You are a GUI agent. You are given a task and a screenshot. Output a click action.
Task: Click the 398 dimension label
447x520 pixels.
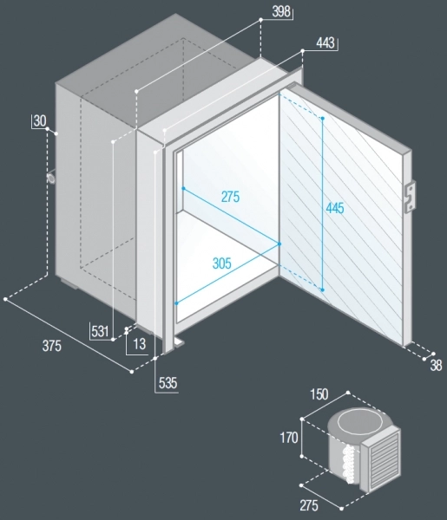point(281,11)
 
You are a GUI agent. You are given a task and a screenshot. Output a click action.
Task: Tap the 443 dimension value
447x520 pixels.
point(325,42)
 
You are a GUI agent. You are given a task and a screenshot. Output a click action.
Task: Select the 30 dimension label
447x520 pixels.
point(40,121)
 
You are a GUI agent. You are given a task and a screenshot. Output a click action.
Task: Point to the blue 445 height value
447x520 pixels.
point(335,208)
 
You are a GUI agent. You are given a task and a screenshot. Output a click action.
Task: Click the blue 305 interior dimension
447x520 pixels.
point(222,263)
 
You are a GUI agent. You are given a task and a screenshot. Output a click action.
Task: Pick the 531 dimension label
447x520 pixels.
point(100,331)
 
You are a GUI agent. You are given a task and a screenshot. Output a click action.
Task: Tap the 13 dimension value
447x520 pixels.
point(140,344)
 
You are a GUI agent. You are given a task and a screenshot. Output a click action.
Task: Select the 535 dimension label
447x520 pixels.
point(168,383)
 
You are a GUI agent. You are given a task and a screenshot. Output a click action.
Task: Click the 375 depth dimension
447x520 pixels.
point(52,346)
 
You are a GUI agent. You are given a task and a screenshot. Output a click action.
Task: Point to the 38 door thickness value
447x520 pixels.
point(436,365)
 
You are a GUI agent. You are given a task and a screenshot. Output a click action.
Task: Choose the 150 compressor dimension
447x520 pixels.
point(319,394)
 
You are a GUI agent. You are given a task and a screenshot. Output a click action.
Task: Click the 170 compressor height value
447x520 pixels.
point(289,438)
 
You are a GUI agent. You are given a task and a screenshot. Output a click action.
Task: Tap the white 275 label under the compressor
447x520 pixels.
point(309,506)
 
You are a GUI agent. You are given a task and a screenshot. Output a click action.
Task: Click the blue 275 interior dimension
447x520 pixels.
point(231,197)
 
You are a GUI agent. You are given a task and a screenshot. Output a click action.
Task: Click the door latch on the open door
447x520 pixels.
point(411,197)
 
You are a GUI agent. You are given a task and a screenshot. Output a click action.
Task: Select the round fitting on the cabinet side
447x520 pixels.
point(52,178)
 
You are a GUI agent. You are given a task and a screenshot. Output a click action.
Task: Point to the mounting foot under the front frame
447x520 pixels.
point(179,342)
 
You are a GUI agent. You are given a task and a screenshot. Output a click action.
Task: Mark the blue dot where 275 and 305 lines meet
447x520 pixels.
point(279,244)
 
